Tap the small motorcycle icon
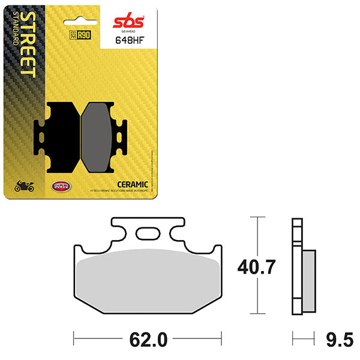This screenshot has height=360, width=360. coord(25,187)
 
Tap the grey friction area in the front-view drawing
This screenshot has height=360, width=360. coord(148,276)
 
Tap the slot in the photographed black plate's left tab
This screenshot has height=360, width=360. coord(41,135)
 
